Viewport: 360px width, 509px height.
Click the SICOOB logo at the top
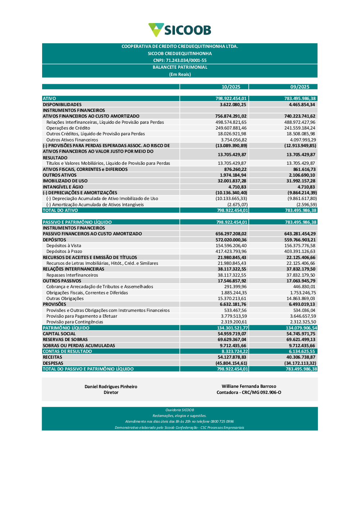(x=180, y=30)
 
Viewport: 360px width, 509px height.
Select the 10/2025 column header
(x=231, y=87)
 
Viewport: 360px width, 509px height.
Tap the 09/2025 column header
(x=300, y=87)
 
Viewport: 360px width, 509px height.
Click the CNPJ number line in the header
(x=180, y=60)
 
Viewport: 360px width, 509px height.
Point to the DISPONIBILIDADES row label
(x=62, y=105)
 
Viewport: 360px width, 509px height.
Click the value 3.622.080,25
(x=233, y=105)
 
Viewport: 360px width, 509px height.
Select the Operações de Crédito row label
(x=68, y=128)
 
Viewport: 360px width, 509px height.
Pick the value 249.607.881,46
(x=231, y=128)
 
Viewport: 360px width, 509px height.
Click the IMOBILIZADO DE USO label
(x=63, y=181)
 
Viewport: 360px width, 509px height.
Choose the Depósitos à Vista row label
(x=64, y=246)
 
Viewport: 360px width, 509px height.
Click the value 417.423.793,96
(x=231, y=251)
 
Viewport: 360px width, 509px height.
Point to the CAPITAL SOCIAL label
(x=59, y=334)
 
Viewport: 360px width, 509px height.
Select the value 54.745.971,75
(x=301, y=334)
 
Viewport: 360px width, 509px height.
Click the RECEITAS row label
(x=53, y=357)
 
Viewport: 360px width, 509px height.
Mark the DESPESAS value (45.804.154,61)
(x=231, y=363)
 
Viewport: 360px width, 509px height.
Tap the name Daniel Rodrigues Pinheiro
(x=111, y=387)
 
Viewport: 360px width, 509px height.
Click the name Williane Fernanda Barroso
(x=249, y=386)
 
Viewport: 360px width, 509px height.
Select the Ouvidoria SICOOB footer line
(x=180, y=410)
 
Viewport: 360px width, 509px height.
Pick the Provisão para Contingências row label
(x=75, y=322)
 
